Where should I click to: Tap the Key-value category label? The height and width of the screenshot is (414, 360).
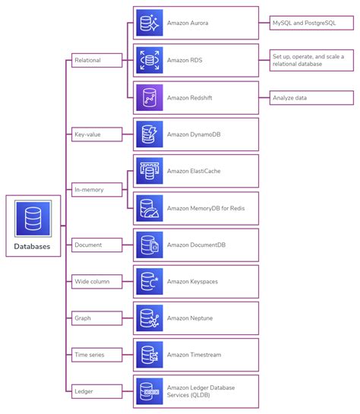pos(87,134)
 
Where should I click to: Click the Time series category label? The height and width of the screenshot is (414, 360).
pos(89,354)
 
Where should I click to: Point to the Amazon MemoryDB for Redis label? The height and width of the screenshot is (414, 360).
pos(206,208)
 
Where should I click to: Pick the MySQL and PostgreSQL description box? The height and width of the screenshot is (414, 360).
pos(311,23)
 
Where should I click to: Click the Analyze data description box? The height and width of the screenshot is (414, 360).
pos(311,97)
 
